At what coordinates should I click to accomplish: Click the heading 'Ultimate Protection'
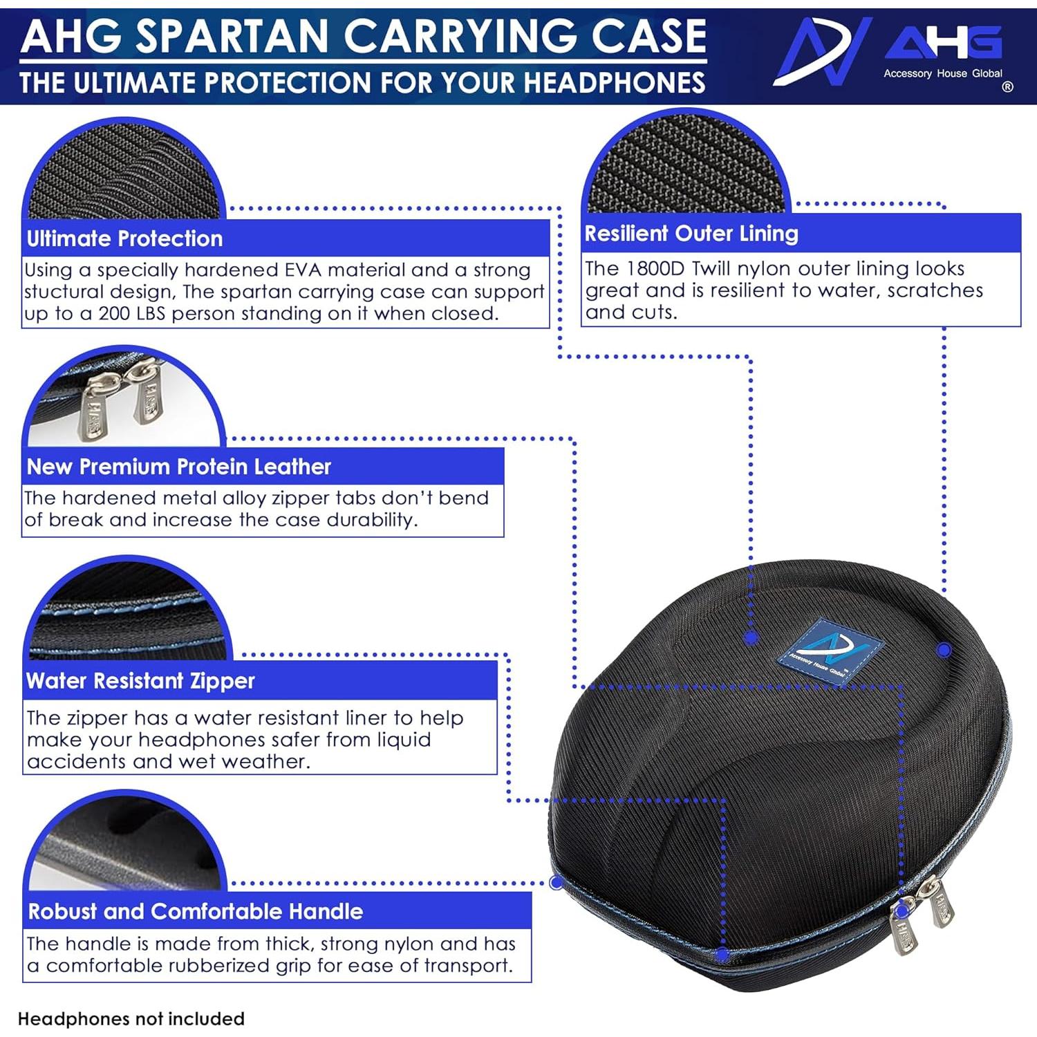pyautogui.click(x=124, y=239)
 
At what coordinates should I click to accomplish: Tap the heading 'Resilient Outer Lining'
pyautogui.click(x=691, y=234)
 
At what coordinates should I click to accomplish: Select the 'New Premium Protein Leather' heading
pyautogui.click(x=179, y=467)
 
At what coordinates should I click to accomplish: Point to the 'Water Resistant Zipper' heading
pyautogui.click(x=140, y=681)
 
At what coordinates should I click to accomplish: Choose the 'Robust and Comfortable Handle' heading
pyautogui.click(x=195, y=911)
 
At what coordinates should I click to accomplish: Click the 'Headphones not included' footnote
pyautogui.click(x=131, y=1019)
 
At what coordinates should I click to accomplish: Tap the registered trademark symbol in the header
pyautogui.click(x=1007, y=87)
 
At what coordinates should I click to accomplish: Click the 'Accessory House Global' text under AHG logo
pyautogui.click(x=942, y=73)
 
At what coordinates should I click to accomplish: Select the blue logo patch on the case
pyautogui.click(x=830, y=652)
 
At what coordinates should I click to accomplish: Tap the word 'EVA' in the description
pyautogui.click(x=303, y=270)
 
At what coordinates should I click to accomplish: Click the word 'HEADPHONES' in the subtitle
pyautogui.click(x=595, y=83)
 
